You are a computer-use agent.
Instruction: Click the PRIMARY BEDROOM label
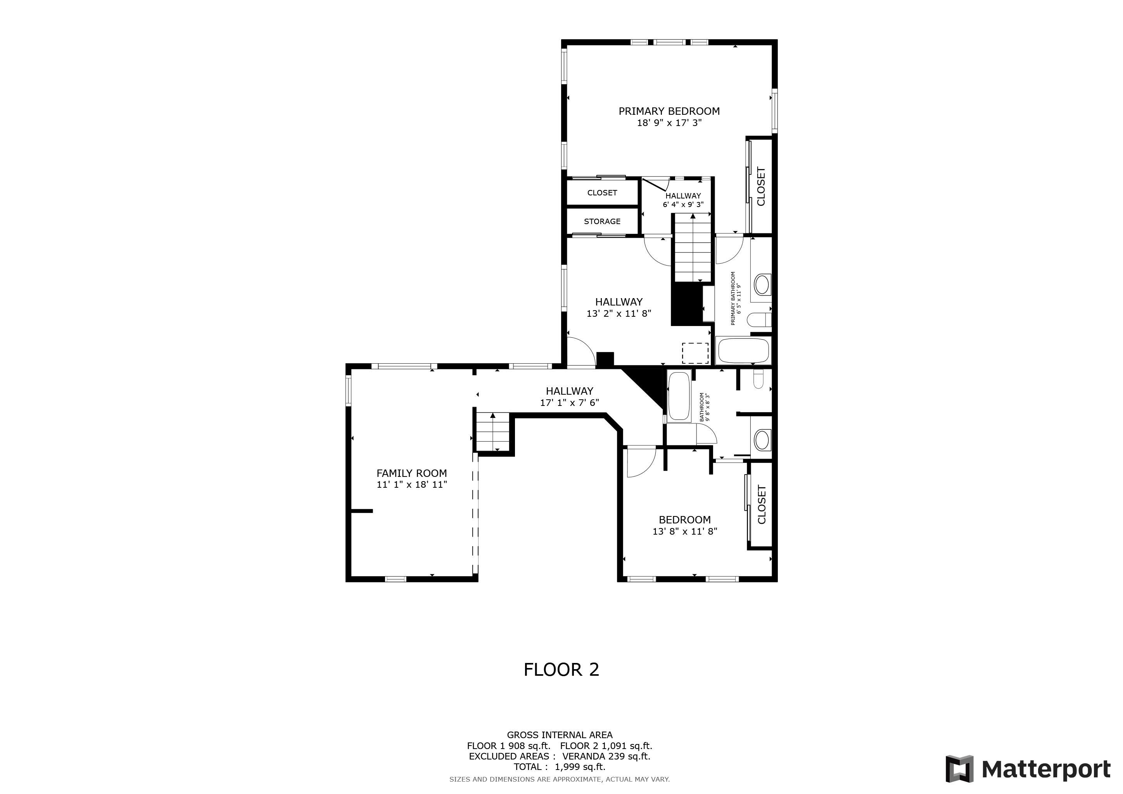click(x=669, y=111)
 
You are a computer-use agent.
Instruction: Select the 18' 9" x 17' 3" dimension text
click(x=669, y=123)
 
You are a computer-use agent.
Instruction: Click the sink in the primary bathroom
click(x=762, y=285)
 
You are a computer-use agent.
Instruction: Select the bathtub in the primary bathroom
click(x=743, y=350)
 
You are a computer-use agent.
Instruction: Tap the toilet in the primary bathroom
click(x=758, y=320)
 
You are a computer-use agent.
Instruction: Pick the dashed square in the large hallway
click(x=695, y=353)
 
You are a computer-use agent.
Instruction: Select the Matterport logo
click(x=1027, y=769)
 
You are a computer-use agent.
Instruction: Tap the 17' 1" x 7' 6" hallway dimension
click(x=569, y=403)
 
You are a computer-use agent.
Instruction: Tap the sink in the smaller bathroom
click(x=762, y=440)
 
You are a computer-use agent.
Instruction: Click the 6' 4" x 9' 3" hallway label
click(x=683, y=205)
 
